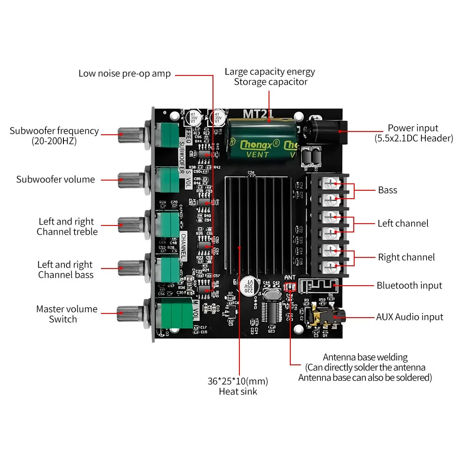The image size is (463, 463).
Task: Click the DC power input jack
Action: pyautogui.click(x=326, y=131)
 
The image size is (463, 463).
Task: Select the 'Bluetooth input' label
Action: pyautogui.click(x=409, y=286)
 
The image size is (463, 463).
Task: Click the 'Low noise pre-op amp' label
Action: pyautogui.click(x=125, y=74)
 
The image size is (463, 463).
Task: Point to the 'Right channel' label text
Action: pyautogui.click(x=406, y=257)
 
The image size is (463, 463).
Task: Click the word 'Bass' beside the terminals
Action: pyautogui.click(x=388, y=190)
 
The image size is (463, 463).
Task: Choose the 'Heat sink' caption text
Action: pyautogui.click(x=238, y=392)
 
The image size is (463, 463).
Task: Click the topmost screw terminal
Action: pyautogui.click(x=330, y=184)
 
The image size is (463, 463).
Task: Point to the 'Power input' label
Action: pyautogui.click(x=413, y=128)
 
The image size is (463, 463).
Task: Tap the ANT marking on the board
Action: pyautogui.click(x=290, y=277)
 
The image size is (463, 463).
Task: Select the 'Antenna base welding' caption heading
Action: pyautogui.click(x=365, y=357)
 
